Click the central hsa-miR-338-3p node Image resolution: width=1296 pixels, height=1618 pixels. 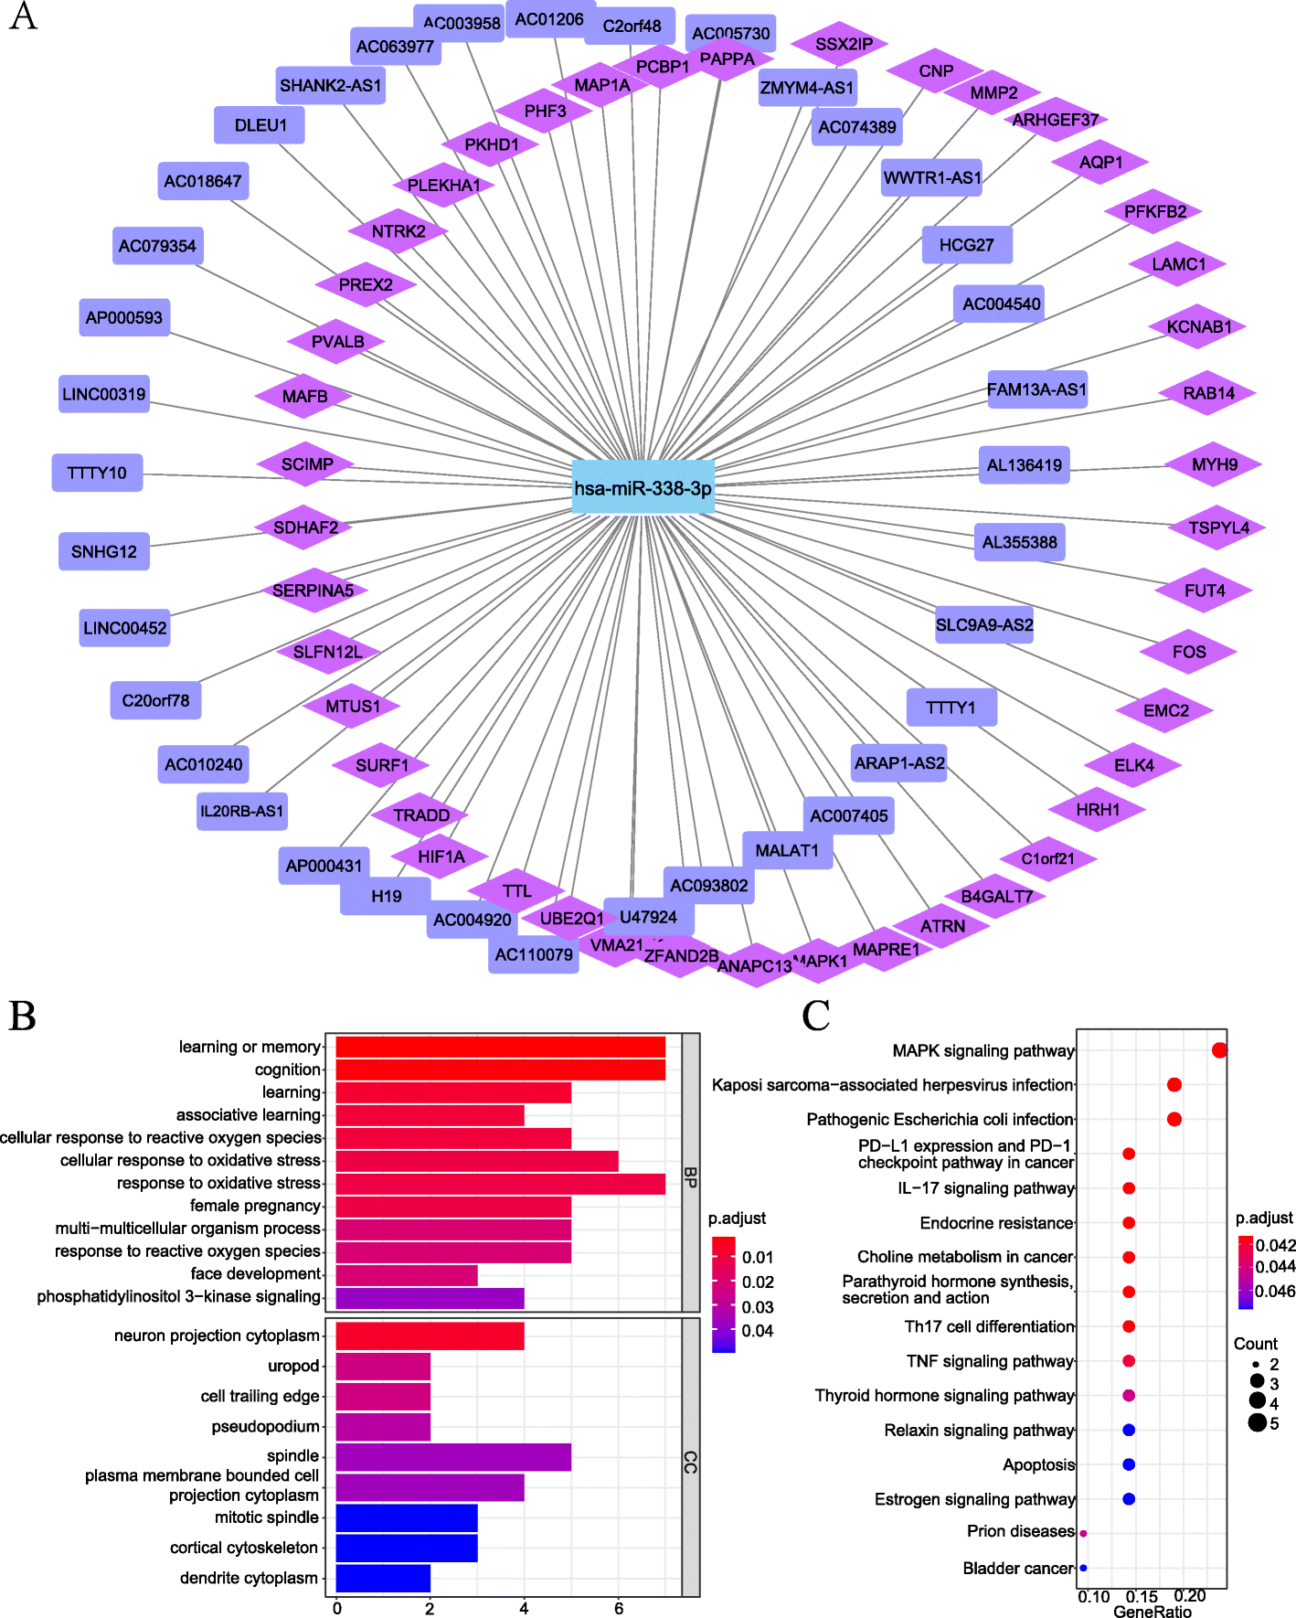643,488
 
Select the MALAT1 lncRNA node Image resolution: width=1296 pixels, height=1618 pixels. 787,851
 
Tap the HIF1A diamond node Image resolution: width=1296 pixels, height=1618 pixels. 441,857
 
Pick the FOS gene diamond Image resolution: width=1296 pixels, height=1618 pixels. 1188,652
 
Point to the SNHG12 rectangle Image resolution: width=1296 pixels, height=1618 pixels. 104,551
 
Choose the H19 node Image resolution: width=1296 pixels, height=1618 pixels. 386,896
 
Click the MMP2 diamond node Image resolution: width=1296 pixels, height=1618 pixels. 993,92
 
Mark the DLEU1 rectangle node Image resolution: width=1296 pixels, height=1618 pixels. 260,125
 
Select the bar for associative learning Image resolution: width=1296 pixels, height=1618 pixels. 430,1115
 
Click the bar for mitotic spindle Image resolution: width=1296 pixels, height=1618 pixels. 407,1517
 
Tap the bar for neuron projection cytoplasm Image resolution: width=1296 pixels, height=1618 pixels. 430,1336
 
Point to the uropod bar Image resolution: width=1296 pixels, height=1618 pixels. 383,1366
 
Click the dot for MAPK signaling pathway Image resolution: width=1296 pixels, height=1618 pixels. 1219,1050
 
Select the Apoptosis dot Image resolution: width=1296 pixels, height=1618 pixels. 1129,1464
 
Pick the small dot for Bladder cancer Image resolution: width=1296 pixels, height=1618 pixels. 1083,1568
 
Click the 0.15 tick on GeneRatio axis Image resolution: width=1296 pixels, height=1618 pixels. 1142,1596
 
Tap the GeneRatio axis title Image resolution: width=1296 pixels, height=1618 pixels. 1152,1611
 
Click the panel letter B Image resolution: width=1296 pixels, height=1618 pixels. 22,1016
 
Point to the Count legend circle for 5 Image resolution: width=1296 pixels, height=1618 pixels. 1258,1422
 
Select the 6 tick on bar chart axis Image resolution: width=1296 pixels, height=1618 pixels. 619,1608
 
